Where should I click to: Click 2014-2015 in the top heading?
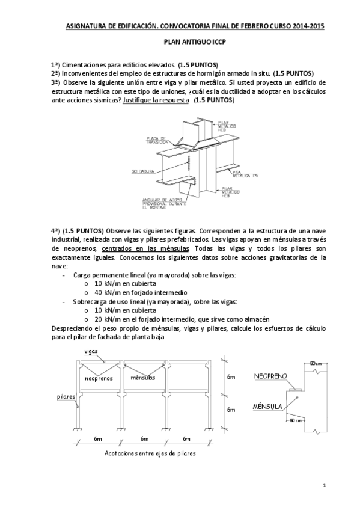click(x=308, y=26)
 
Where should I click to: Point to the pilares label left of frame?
click(x=66, y=396)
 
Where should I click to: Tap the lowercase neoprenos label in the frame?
click(x=100, y=378)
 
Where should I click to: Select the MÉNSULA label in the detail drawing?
click(x=267, y=407)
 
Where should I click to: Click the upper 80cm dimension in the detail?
click(x=316, y=363)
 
